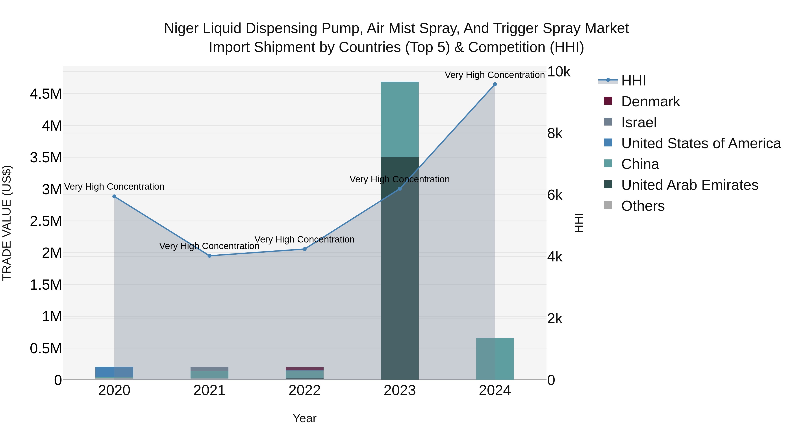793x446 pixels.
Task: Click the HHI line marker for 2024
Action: [x=495, y=84]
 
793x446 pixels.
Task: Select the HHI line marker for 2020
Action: [x=114, y=196]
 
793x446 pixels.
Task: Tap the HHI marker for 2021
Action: [x=209, y=256]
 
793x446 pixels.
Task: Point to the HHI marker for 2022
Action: [x=304, y=249]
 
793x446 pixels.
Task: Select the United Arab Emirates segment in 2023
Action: [x=400, y=268]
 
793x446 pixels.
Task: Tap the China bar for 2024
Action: [x=495, y=359]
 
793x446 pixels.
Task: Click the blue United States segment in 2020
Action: [x=114, y=372]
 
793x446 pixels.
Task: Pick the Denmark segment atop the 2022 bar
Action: [x=304, y=369]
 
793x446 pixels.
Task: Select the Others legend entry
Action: [x=643, y=206]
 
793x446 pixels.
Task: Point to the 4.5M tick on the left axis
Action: [x=46, y=94]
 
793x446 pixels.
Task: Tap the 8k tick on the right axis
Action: [x=555, y=134]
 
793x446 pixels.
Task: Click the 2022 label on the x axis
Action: [x=304, y=390]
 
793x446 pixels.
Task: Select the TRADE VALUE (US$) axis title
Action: [x=7, y=223]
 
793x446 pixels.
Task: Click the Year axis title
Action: [x=304, y=418]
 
